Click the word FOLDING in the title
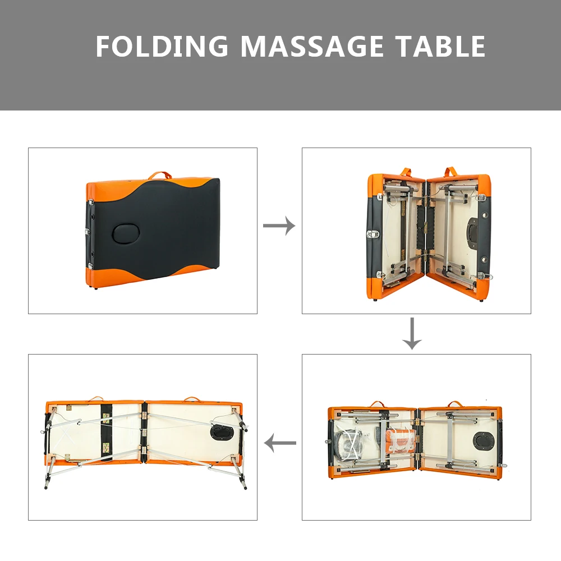click(162, 46)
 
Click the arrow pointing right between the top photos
click(279, 226)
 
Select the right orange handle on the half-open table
click(453, 171)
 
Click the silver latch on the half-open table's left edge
click(373, 234)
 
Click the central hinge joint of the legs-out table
click(145, 432)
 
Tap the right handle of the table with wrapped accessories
click(455, 403)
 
